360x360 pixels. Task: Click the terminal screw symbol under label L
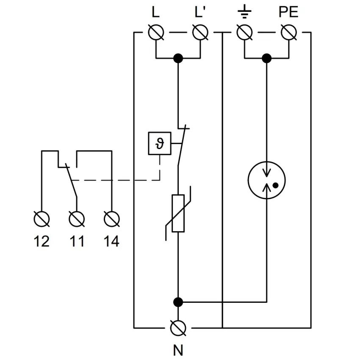[x=156, y=32]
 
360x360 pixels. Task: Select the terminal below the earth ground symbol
[x=244, y=32]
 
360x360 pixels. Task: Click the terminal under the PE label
[x=288, y=32]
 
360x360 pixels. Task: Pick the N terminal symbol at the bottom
[x=178, y=327]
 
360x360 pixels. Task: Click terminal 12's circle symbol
[x=42, y=219]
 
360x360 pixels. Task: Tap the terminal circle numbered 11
[x=77, y=219]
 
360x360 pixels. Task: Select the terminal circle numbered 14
[x=112, y=219]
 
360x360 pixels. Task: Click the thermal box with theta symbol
[x=159, y=144]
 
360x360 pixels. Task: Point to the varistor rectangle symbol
[x=178, y=213]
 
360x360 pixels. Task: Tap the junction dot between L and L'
[x=178, y=58]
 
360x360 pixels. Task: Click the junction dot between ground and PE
[x=266, y=58]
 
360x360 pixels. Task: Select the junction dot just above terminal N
[x=178, y=302]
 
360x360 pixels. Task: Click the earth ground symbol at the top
[x=244, y=12]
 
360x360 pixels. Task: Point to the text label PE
[x=288, y=12]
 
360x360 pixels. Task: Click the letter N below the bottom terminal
[x=178, y=350]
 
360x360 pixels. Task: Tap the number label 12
[x=42, y=241]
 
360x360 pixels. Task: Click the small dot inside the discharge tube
[x=275, y=185]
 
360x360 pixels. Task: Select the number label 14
[x=112, y=241]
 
